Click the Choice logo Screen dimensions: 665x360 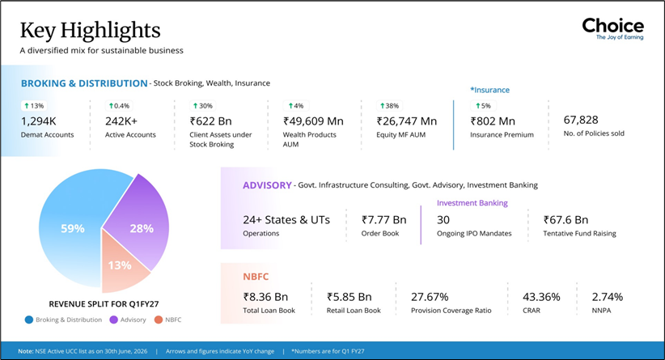coord(613,28)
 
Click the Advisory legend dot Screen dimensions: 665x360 coord(113,320)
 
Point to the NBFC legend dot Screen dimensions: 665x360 coord(159,320)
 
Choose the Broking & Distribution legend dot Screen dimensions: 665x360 coord(29,320)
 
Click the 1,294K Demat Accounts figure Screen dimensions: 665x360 coord(39,121)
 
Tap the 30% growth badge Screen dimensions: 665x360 coord(203,106)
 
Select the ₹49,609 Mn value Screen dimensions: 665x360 coord(313,121)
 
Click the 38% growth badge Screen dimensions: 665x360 coord(389,106)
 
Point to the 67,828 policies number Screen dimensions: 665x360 coord(581,120)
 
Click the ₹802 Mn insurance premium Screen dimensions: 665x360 coord(493,121)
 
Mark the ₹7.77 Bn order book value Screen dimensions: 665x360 coord(383,220)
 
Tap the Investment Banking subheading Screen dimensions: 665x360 coord(472,203)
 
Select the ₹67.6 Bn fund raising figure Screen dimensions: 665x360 coord(565,220)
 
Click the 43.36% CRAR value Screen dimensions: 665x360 coord(541,297)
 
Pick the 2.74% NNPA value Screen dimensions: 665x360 coord(608,297)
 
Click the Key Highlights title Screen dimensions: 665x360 coord(91,31)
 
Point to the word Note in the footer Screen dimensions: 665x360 coord(23,351)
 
